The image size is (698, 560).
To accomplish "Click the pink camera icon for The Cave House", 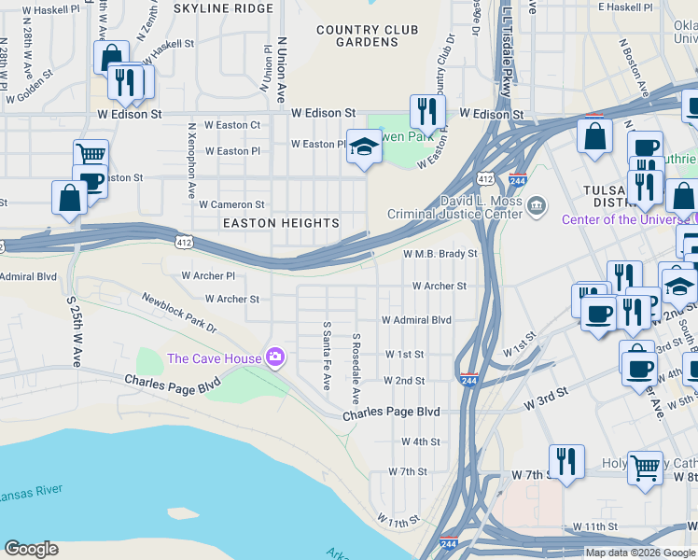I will pyautogui.click(x=275, y=357).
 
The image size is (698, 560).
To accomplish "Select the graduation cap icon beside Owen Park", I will pyautogui.click(x=365, y=147).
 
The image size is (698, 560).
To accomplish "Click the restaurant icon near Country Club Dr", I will pyautogui.click(x=427, y=111).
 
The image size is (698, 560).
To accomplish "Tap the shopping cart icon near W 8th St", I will pyautogui.click(x=645, y=468).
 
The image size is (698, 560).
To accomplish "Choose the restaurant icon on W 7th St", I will pyautogui.click(x=566, y=460).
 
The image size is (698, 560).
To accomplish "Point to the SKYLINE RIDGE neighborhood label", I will pyautogui.click(x=224, y=7).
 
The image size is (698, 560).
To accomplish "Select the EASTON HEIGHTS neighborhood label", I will pyautogui.click(x=280, y=223).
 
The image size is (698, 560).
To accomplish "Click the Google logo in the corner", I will pyautogui.click(x=31, y=549).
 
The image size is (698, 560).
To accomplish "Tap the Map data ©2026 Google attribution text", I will pyautogui.click(x=640, y=553).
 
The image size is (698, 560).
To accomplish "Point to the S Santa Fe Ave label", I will pyautogui.click(x=327, y=356).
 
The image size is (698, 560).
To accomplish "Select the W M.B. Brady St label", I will pyautogui.click(x=440, y=253).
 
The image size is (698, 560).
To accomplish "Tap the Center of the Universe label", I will pyautogui.click(x=627, y=219).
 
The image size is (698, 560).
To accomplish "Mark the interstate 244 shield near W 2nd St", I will pyautogui.click(x=469, y=380).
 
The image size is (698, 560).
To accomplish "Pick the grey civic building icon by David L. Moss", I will pyautogui.click(x=537, y=204).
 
